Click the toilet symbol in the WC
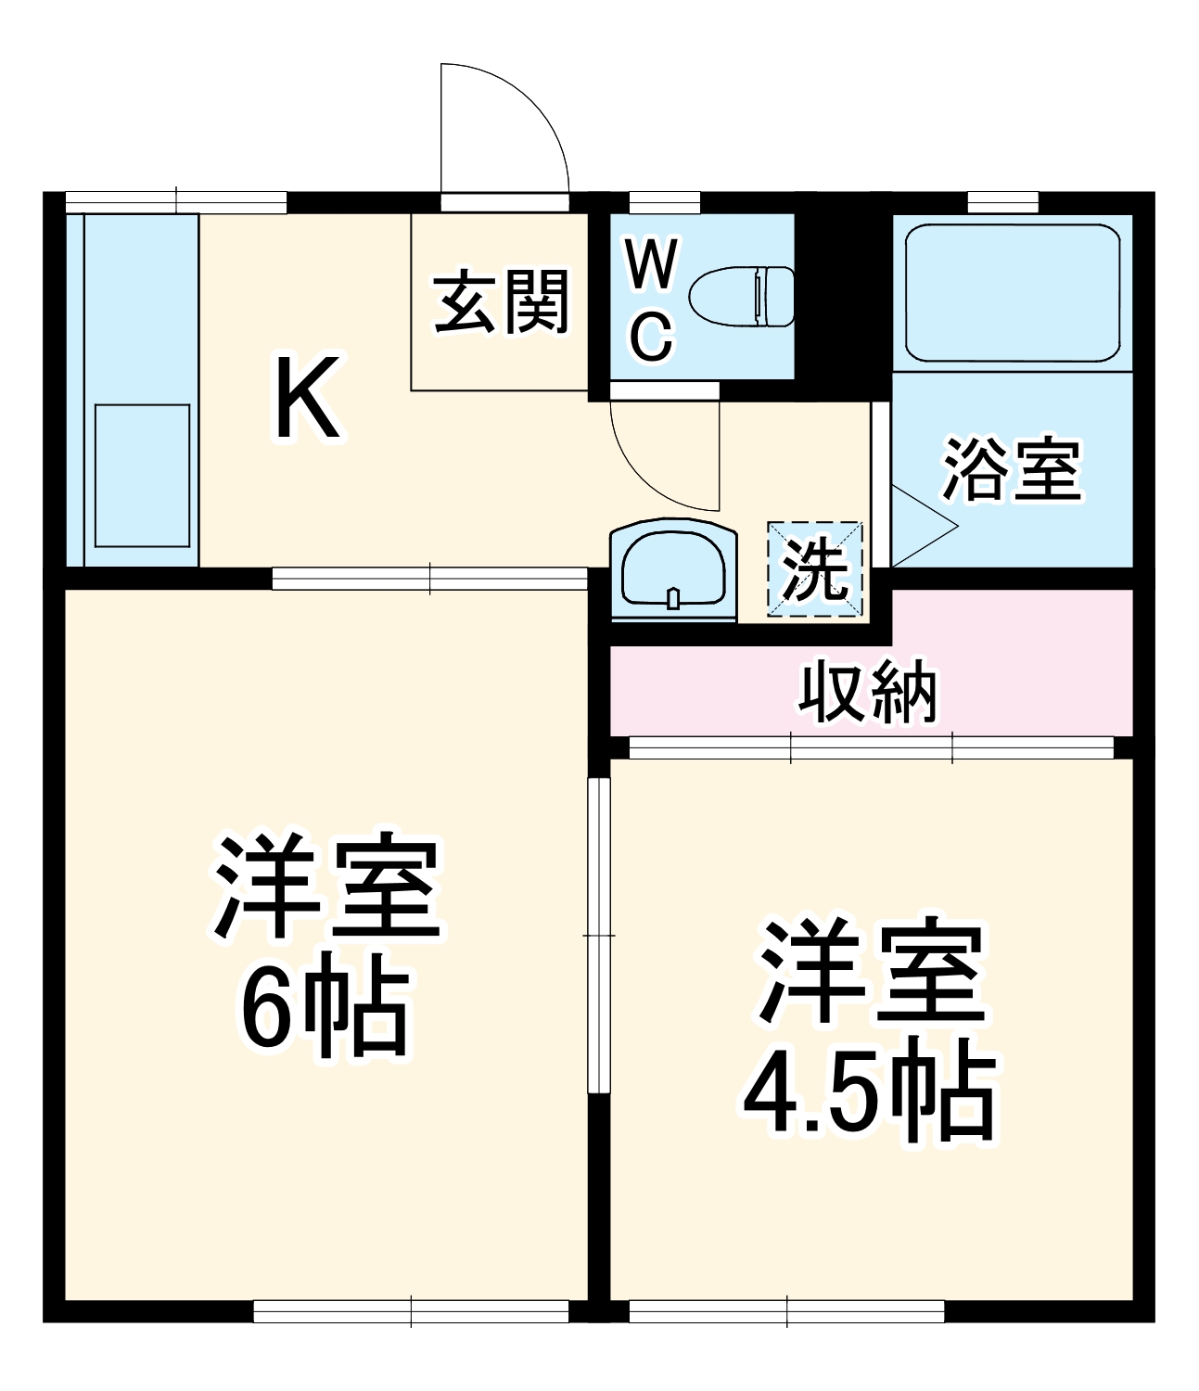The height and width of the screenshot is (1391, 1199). pos(743,297)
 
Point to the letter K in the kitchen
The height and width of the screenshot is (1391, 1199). pos(307,398)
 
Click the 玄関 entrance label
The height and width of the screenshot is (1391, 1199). pos(502,301)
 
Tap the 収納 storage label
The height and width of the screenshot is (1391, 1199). pos(869,692)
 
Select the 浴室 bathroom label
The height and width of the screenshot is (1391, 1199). pos(1012,470)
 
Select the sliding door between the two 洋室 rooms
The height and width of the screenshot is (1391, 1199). pos(600,937)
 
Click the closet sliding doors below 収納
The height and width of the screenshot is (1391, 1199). pos(872,747)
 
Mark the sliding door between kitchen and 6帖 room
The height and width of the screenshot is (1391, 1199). pos(430,579)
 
